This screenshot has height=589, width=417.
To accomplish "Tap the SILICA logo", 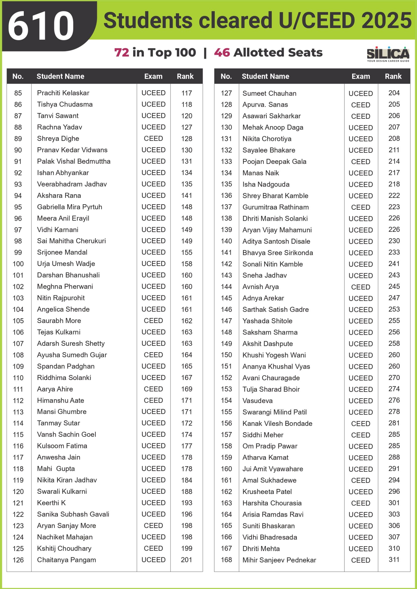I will [388, 53].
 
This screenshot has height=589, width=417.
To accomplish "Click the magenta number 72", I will [122, 52].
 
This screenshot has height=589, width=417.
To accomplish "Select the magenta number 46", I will [222, 52].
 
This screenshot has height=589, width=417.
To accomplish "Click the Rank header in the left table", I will [185, 76].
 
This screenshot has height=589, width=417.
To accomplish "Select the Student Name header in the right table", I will [265, 76].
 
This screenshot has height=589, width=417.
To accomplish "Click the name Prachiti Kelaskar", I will [63, 93].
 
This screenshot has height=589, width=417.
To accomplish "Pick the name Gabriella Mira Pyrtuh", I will [70, 207].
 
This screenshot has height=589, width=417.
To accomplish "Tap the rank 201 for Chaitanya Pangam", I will [186, 560].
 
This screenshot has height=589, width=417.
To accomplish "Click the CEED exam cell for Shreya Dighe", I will [153, 138].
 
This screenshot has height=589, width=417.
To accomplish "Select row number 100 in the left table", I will [18, 264].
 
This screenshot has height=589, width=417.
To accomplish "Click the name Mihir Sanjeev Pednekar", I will [279, 560].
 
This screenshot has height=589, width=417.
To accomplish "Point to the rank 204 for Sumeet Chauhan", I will [394, 93].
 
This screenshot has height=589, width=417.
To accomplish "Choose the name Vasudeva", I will [258, 400].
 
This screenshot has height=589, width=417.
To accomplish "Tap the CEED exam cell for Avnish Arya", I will [360, 287].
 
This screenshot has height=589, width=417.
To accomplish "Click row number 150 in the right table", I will [226, 355].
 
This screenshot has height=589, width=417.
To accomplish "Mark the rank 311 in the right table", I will [394, 559].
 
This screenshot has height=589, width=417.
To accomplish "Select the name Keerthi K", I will [51, 503].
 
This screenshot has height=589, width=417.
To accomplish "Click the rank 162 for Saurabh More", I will [186, 321].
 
